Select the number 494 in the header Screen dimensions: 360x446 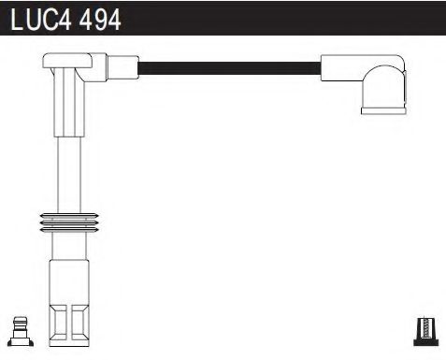click(100, 20)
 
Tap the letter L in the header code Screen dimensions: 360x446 click(17, 20)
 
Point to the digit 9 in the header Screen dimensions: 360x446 click(100, 20)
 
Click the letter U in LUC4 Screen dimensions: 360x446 click(32, 20)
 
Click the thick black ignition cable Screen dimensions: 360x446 click(229, 66)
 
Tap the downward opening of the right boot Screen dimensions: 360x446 click(378, 111)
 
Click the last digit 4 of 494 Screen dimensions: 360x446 click(113, 20)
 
